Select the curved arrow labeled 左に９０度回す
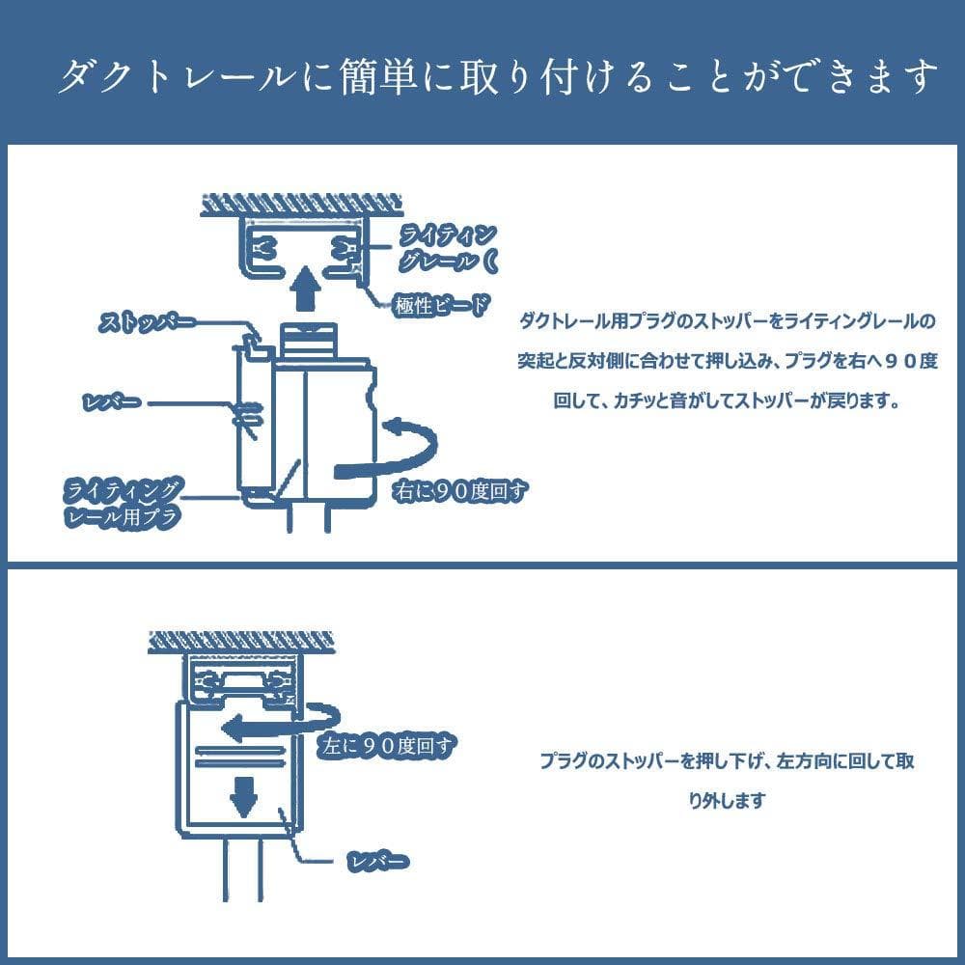pyautogui.click(x=280, y=723)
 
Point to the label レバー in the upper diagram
pyautogui.click(x=112, y=400)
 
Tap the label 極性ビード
pyautogui.click(x=439, y=307)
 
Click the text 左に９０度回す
pyautogui.click(x=385, y=744)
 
